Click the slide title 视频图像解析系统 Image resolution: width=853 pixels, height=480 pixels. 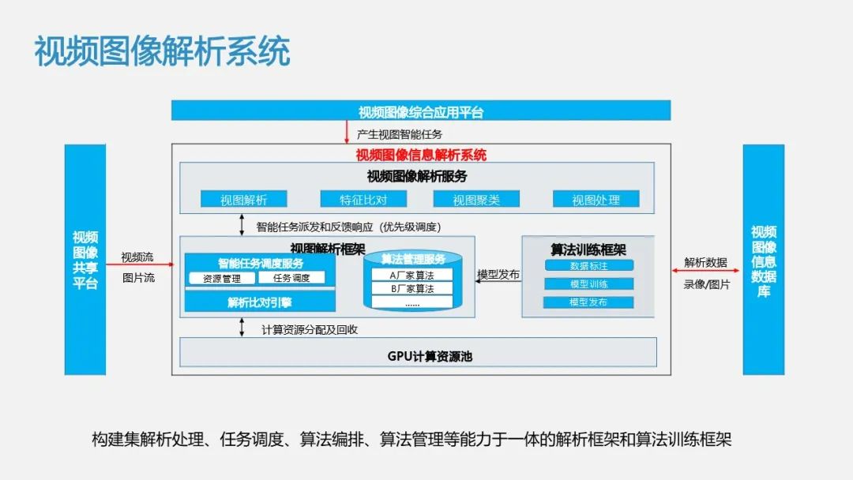pyautogui.click(x=162, y=51)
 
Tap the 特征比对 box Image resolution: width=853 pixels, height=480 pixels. pyautogui.click(x=363, y=199)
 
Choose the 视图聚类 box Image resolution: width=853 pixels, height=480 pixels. pyautogui.click(x=476, y=199)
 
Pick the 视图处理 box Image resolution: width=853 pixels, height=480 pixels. pyautogui.click(x=596, y=199)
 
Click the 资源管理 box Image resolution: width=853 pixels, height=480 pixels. pyautogui.click(x=222, y=278)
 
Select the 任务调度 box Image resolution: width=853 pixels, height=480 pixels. pyautogui.click(x=291, y=278)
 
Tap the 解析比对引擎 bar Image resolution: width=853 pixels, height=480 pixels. pyautogui.click(x=260, y=302)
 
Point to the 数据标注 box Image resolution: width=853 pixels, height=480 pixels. pyautogui.click(x=588, y=266)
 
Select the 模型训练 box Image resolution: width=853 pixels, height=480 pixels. pyautogui.click(x=588, y=284)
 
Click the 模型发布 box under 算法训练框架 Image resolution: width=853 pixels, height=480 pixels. pyautogui.click(x=588, y=302)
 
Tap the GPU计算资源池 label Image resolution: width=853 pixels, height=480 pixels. pyautogui.click(x=419, y=356)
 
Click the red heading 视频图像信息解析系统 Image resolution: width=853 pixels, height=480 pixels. pyautogui.click(x=421, y=155)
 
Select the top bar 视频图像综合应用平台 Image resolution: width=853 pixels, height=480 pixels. pyautogui.click(x=421, y=111)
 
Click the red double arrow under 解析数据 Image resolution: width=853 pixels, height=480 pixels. pyautogui.click(x=706, y=272)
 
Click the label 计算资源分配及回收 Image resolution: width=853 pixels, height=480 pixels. pyautogui.click(x=310, y=329)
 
